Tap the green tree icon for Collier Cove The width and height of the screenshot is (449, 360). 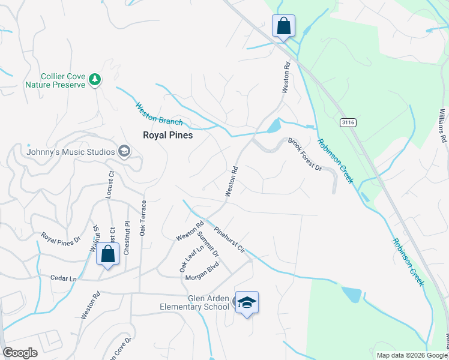94,79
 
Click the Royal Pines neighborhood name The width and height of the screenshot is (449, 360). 167,136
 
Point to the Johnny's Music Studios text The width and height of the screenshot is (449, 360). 70,152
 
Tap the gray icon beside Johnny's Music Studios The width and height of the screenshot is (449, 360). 125,151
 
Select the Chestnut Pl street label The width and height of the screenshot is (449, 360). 127,238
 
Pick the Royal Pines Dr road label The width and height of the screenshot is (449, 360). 61,239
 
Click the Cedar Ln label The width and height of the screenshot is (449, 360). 64,279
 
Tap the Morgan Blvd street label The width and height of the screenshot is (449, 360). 202,274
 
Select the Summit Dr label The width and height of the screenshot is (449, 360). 208,244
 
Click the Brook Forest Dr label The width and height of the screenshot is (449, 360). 305,154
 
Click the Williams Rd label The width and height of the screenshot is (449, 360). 443,125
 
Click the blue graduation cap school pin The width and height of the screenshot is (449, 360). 247,303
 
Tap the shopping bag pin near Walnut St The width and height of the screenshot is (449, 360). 107,254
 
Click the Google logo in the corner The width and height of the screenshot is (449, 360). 20,353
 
